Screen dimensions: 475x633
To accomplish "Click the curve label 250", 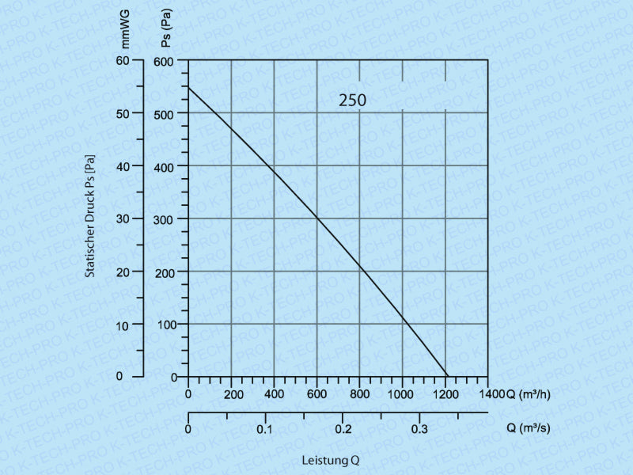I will pos(353,101).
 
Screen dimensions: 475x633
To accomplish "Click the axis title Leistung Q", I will pos(331,460).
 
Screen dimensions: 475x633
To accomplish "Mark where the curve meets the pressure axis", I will pos(188,86).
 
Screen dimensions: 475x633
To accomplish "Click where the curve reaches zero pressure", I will pos(447,377).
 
